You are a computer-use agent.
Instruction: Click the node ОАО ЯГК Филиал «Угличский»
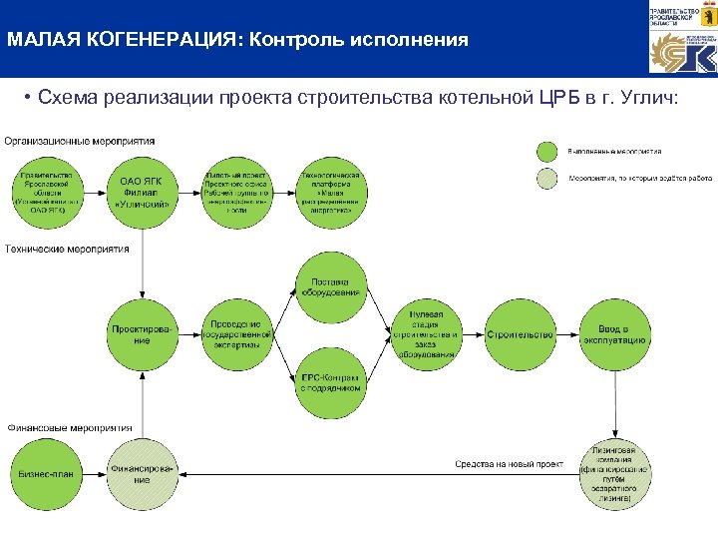coord(142,192)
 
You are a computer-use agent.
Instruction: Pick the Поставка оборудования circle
coord(331,284)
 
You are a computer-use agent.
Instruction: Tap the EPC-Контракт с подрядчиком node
coord(331,383)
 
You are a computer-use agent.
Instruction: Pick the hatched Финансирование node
coord(142,472)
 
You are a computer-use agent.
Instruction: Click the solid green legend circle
coord(546,152)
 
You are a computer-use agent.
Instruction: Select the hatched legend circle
coord(546,179)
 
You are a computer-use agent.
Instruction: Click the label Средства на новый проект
coord(509,464)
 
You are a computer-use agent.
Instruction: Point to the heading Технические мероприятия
coord(67,249)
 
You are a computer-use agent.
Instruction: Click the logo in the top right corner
coord(682,40)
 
